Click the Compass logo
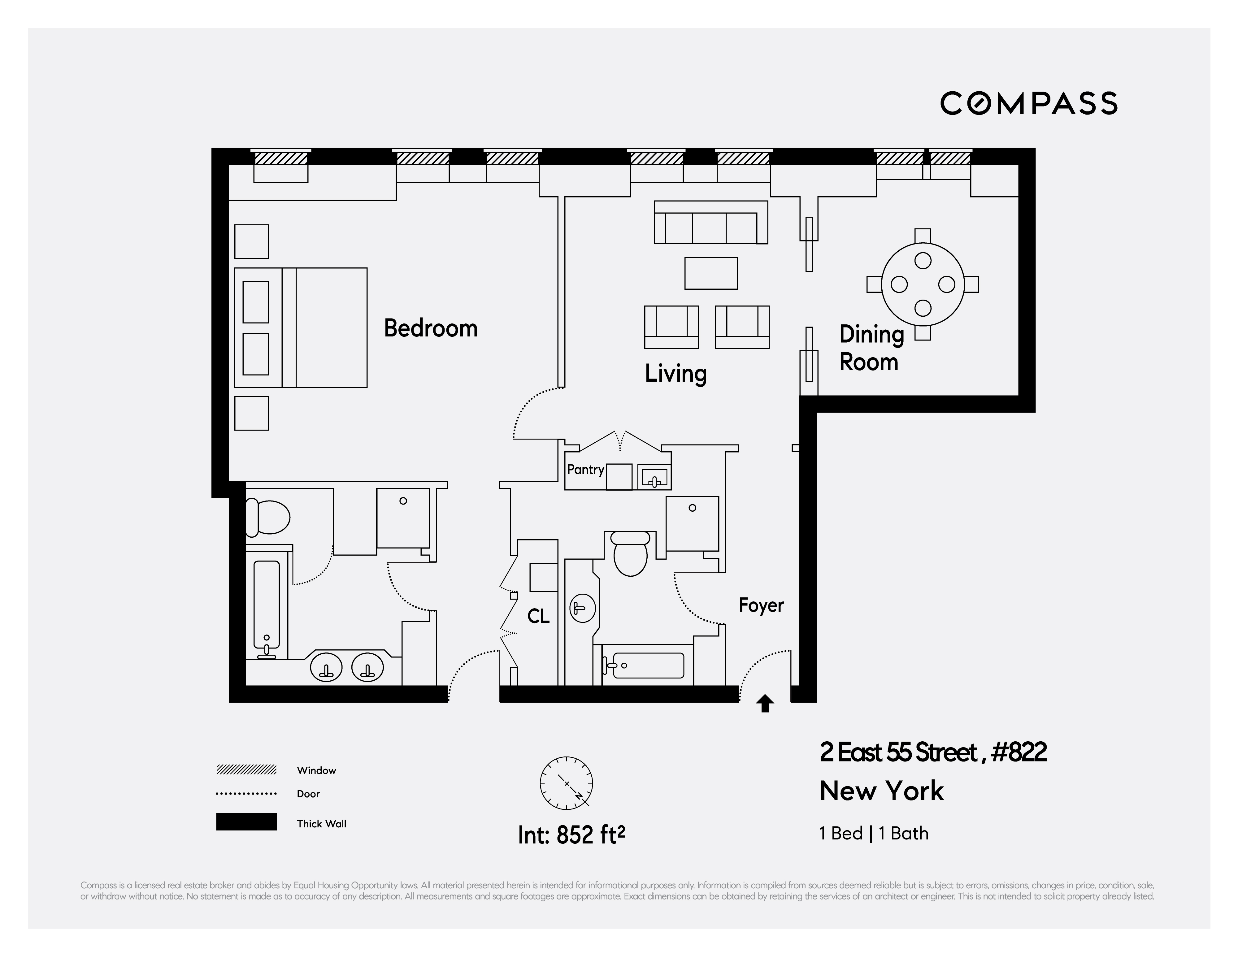point(1028,103)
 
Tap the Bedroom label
point(431,328)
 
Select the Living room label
point(676,374)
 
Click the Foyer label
point(761,605)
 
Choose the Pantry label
point(585,469)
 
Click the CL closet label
point(538,616)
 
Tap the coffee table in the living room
point(711,273)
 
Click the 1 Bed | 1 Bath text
point(874,833)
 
